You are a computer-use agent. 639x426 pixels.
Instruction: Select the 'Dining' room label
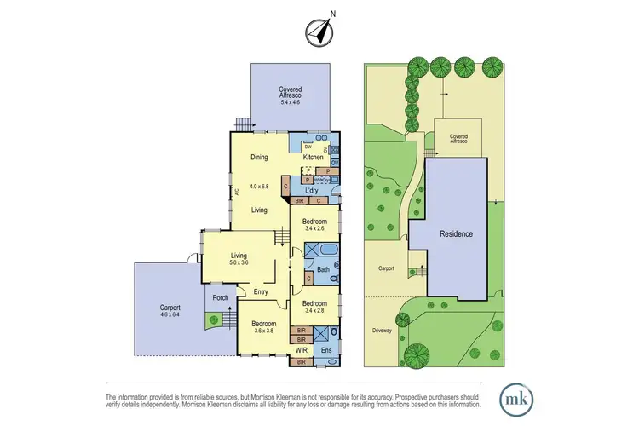click(259, 157)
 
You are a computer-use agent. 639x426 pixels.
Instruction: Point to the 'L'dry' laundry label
click(312, 191)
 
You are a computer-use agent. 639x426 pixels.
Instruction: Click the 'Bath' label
click(323, 269)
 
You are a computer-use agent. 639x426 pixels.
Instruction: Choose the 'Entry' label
click(261, 292)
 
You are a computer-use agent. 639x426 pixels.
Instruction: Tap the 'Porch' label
click(219, 298)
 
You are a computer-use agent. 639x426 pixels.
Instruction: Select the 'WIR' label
click(301, 349)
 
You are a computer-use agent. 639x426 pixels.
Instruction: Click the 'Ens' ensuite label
click(327, 349)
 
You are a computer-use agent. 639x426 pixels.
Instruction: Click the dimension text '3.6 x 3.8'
click(262, 331)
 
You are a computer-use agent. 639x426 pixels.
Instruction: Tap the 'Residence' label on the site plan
click(456, 233)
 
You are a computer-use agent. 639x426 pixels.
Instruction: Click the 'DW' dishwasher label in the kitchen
click(296, 146)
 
